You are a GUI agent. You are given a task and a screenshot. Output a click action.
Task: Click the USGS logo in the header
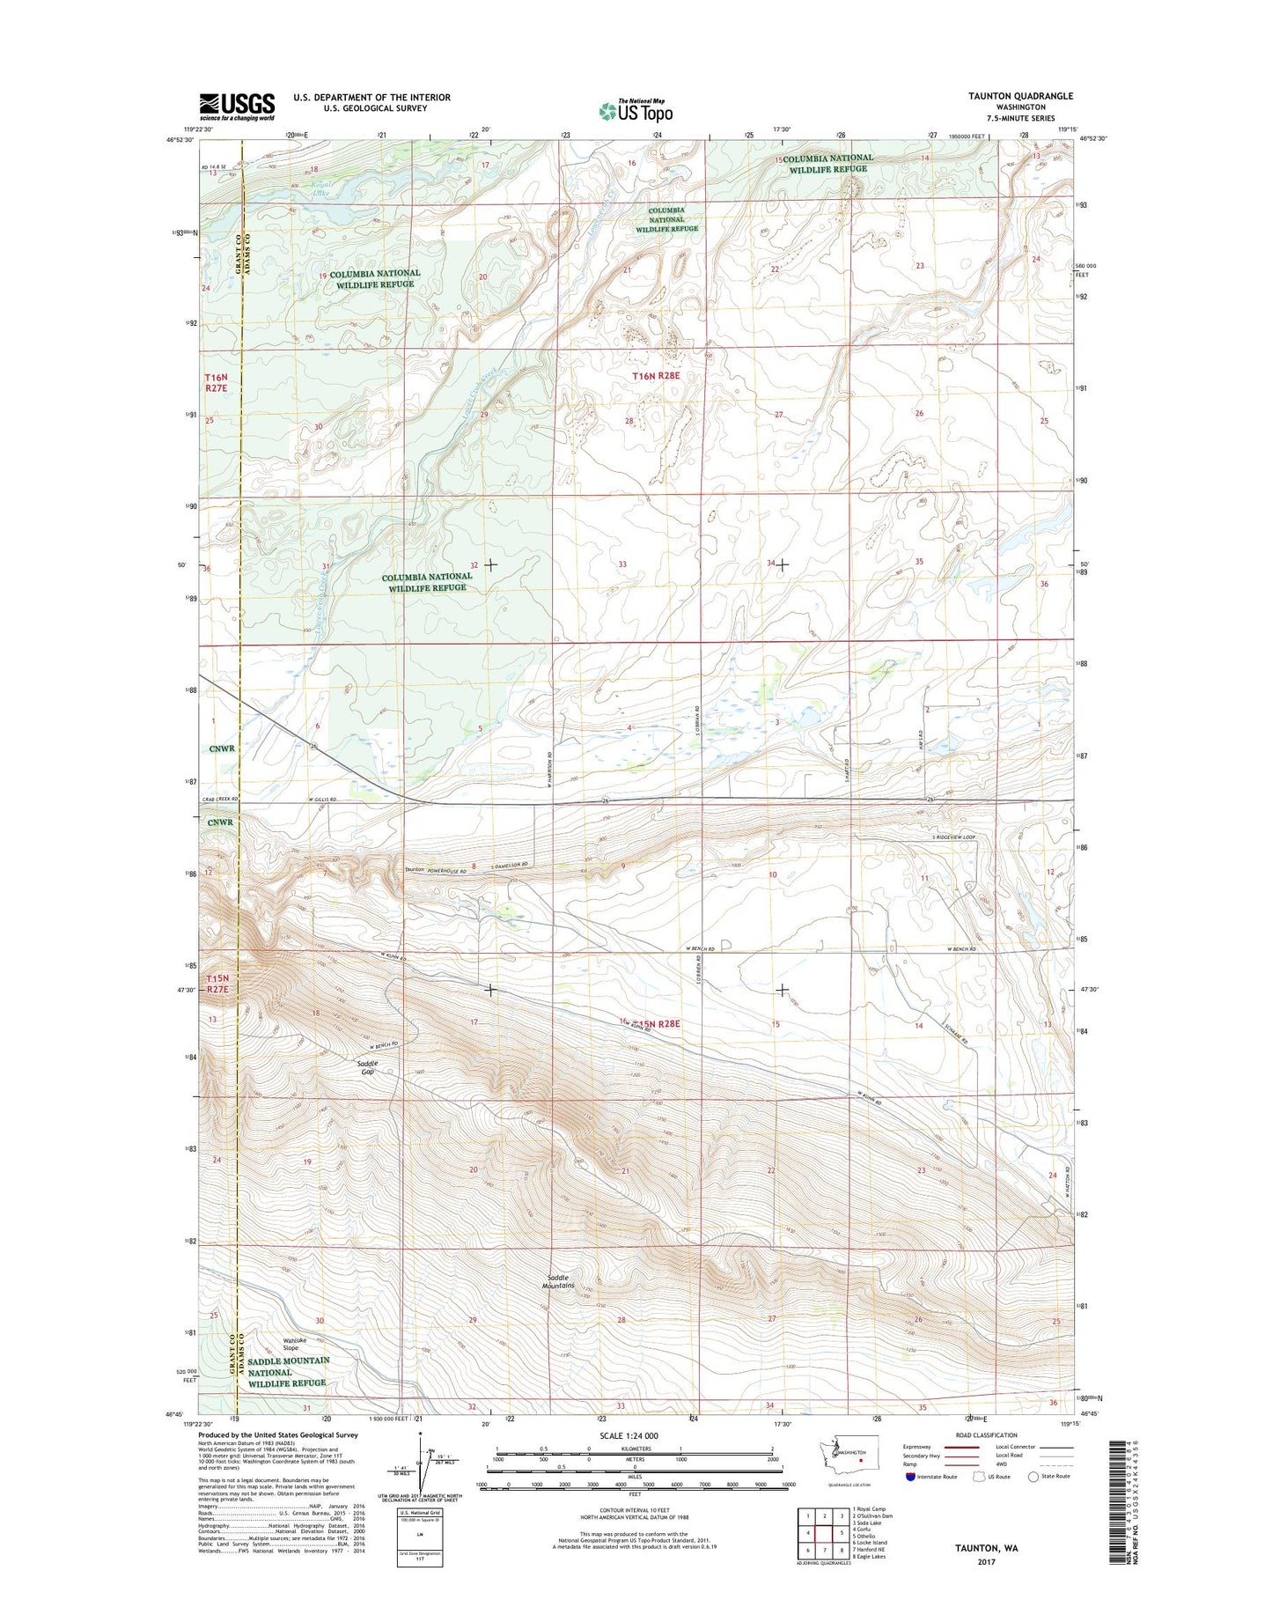pyautogui.click(x=237, y=106)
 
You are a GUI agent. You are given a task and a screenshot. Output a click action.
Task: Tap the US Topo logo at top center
pyautogui.click(x=636, y=111)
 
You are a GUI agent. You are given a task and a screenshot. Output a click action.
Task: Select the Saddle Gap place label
pyautogui.click(x=367, y=1067)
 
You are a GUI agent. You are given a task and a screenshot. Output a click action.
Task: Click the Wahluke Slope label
pyautogui.click(x=290, y=1345)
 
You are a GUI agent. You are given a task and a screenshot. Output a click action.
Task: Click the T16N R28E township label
pyautogui.click(x=658, y=376)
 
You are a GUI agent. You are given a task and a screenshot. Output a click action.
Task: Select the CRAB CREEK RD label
pyautogui.click(x=220, y=800)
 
